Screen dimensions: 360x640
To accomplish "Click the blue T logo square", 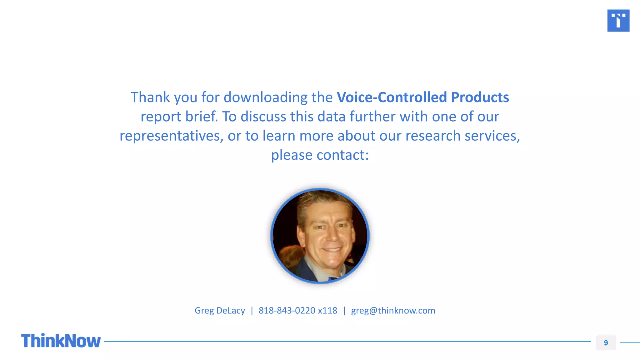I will click(618, 21).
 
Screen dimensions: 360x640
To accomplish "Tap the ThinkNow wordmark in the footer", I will click(61, 341).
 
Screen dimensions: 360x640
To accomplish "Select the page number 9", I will click(606, 343).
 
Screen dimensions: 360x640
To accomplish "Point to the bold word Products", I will click(480, 97).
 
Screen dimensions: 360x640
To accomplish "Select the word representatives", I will click(171, 136).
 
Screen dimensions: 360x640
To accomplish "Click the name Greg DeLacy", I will click(220, 311).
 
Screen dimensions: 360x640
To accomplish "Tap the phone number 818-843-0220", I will click(287, 311).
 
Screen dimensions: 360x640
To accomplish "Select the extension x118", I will click(327, 311).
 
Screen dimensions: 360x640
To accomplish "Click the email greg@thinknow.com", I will click(393, 311).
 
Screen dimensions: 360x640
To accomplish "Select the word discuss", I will click(263, 117).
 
